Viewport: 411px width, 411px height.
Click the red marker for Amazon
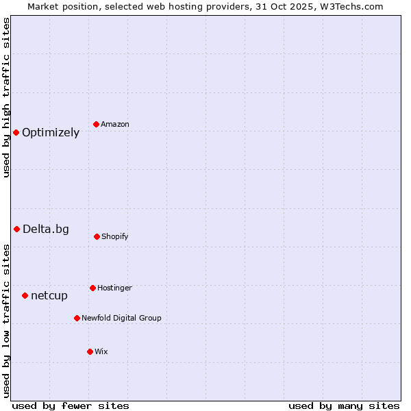click(x=96, y=124)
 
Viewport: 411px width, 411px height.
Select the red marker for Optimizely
click(x=16, y=132)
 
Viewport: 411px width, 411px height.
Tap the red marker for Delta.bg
click(x=16, y=229)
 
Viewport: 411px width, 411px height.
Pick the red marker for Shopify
click(x=97, y=236)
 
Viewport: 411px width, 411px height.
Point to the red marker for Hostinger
click(x=92, y=288)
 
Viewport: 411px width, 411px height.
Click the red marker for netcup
click(x=25, y=295)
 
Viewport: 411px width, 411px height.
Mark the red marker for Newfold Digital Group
click(x=77, y=318)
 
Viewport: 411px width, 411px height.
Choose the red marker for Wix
click(x=90, y=351)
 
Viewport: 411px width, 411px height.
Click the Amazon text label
click(x=115, y=124)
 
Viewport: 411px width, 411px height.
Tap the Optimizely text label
click(x=51, y=133)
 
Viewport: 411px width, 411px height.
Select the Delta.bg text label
click(x=46, y=229)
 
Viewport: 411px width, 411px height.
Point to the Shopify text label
click(x=115, y=236)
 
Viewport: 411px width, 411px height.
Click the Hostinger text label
click(x=114, y=288)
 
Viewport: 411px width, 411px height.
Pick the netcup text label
click(x=49, y=296)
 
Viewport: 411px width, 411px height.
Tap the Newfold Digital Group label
click(x=121, y=318)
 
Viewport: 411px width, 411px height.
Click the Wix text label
click(x=101, y=351)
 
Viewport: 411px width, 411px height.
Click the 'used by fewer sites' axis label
click(x=71, y=406)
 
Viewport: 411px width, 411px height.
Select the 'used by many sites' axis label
click(x=344, y=406)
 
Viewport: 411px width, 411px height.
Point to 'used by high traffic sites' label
click(x=6, y=97)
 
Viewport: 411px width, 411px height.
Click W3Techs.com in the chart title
click(x=347, y=6)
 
